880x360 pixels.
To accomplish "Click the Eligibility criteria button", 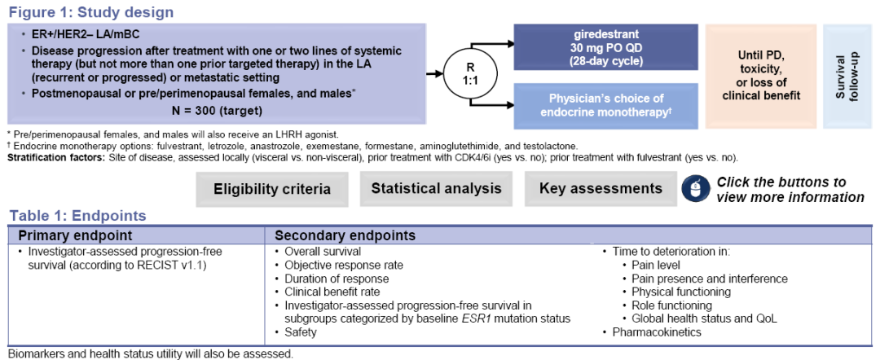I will click(272, 189).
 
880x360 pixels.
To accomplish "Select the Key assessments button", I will click(601, 189).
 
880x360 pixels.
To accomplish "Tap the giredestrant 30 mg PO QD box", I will click(605, 47).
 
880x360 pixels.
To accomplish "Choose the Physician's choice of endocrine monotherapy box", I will click(605, 107).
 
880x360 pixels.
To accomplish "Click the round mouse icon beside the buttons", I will click(694, 189).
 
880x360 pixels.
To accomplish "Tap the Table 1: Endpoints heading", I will click(78, 216).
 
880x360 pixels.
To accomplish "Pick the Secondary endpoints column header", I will click(345, 235).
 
